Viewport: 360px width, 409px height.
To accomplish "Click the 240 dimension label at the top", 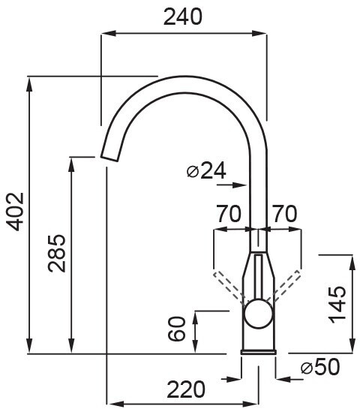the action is pos(183,17).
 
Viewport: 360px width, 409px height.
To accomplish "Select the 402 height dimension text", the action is pos(15,212).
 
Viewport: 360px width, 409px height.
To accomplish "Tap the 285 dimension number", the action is pos(56,254).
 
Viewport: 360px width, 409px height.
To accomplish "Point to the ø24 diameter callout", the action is pos(206,170).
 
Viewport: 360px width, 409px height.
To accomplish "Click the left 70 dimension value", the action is pos(229,213).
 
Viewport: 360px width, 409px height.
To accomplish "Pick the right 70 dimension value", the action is pos(284,213).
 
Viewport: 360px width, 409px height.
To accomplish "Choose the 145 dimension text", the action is pos(337,305).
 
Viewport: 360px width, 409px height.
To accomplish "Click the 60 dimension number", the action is pos(177,329).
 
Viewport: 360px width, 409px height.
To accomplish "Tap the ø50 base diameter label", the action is pos(320,367).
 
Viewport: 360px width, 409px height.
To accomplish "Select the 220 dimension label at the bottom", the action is pos(186,389).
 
